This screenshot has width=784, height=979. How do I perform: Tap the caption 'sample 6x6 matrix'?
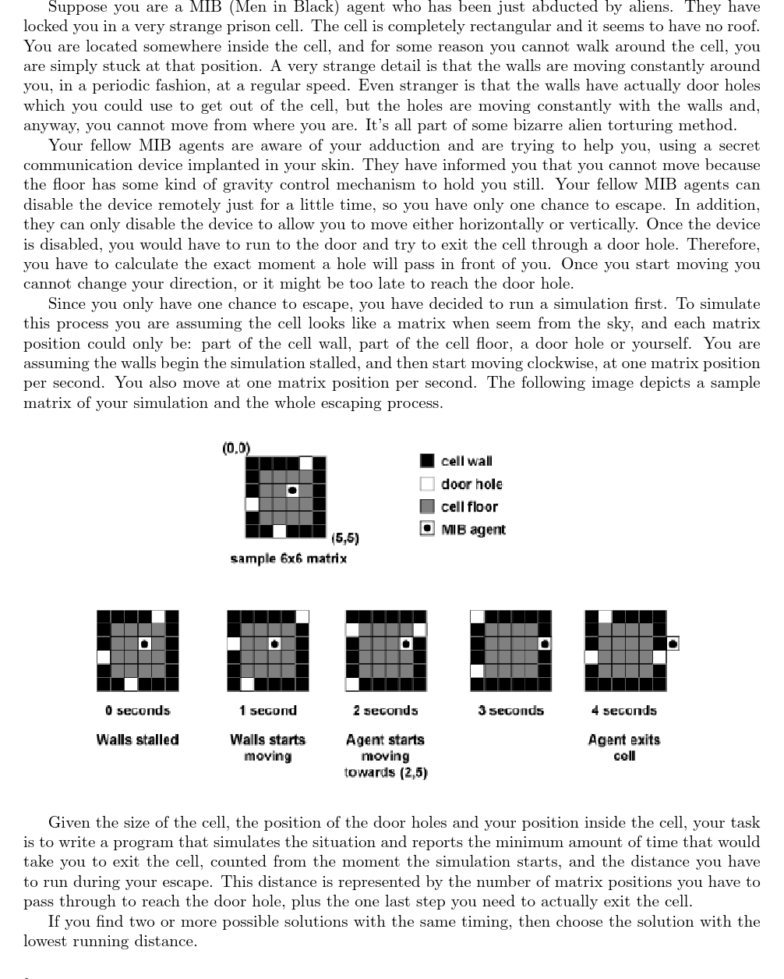288,559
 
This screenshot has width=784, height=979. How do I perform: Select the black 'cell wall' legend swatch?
427,461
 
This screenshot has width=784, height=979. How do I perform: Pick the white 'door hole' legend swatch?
427,484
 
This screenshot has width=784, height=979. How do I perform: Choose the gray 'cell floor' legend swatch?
427,506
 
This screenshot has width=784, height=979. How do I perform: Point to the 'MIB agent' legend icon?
427,529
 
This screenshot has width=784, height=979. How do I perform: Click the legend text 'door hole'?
471,484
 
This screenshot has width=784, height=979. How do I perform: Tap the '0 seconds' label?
138,711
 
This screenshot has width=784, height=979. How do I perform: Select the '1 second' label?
267,711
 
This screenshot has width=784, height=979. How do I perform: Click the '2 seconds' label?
385,711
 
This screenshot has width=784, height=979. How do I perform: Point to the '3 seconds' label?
510,711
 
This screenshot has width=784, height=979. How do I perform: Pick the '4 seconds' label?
623,711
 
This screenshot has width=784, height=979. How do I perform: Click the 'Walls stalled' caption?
138,740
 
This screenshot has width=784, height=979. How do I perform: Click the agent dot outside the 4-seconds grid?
673,644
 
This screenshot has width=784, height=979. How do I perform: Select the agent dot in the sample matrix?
292,491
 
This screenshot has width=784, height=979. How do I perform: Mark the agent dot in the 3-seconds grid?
545,644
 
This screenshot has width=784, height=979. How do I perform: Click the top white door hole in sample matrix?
306,463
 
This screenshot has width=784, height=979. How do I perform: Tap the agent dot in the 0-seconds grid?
144,644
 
